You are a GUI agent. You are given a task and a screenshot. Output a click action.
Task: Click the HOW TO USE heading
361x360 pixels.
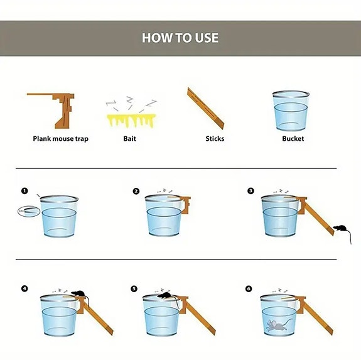pos(180,38)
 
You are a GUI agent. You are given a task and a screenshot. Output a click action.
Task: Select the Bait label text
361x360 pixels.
pos(129,139)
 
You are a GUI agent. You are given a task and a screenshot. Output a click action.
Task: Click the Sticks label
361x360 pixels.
pos(215,139)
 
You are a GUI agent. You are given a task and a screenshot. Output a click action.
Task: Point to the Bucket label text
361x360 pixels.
pos(293,139)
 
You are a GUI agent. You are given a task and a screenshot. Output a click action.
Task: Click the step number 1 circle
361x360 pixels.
pos(24,191)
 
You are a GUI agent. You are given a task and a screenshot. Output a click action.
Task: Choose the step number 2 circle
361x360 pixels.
pos(136,191)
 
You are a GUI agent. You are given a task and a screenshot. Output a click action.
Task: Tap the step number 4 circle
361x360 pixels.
pos(24,289)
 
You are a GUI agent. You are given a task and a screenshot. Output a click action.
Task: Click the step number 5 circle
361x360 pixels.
pos(134,289)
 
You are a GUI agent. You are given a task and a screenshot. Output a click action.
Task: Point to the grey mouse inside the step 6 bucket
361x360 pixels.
pos(274,325)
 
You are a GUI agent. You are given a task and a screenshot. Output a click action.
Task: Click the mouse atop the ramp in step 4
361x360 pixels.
pos(77,293)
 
